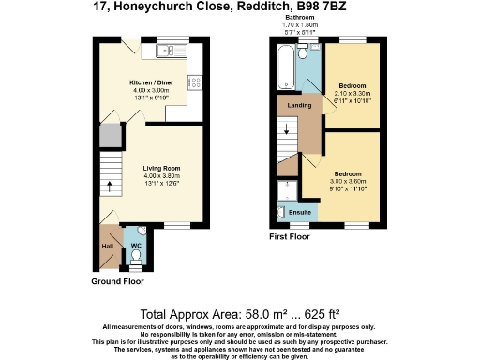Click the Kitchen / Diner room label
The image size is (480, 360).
click(149, 82)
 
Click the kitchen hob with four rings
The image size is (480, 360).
click(197, 83)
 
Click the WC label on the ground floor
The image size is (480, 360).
click(136, 245)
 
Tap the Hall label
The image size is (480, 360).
click(108, 247)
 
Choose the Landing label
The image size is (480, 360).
click(299, 105)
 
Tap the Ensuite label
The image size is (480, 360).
click(300, 213)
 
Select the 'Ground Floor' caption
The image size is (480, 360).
click(117, 281)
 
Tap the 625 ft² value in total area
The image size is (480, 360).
click(319, 313)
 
